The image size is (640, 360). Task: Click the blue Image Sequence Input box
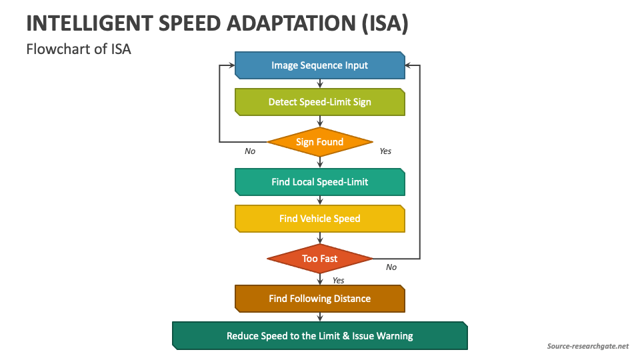pos(320,65)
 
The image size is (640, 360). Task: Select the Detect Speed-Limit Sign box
pos(320,102)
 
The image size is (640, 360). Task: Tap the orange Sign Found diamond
pos(320,142)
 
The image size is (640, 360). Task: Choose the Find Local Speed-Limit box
pos(320,182)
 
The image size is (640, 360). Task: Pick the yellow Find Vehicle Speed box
pos(320,219)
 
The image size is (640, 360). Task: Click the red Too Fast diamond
pos(320,259)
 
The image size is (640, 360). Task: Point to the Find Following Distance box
pos(320,299)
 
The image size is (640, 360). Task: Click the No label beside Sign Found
pos(250,151)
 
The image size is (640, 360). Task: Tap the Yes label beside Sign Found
pos(385,151)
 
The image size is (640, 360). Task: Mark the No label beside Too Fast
pos(391,267)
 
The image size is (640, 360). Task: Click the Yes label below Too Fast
pos(338,281)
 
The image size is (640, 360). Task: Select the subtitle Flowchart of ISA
pos(79,49)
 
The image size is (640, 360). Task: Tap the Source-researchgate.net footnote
pos(587,346)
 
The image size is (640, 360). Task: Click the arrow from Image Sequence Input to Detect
pos(320,83)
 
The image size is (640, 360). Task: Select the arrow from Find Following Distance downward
pos(320,317)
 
